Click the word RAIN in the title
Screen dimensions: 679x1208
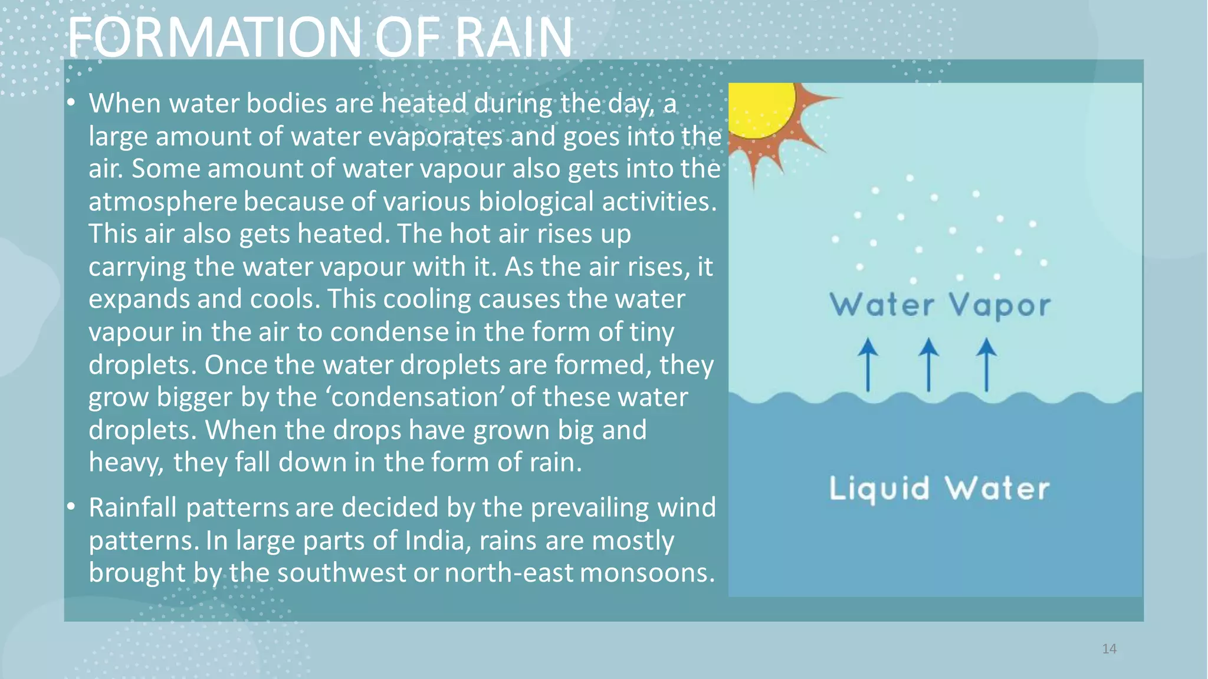[513, 38]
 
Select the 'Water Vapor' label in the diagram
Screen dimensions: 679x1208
[940, 305]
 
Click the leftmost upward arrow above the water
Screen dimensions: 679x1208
[868, 364]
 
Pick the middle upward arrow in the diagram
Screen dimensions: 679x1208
[928, 364]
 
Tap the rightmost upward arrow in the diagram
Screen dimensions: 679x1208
[986, 364]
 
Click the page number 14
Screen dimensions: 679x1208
[1109, 649]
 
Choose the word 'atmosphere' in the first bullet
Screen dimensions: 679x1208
[163, 202]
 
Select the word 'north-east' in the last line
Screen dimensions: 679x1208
[508, 573]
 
